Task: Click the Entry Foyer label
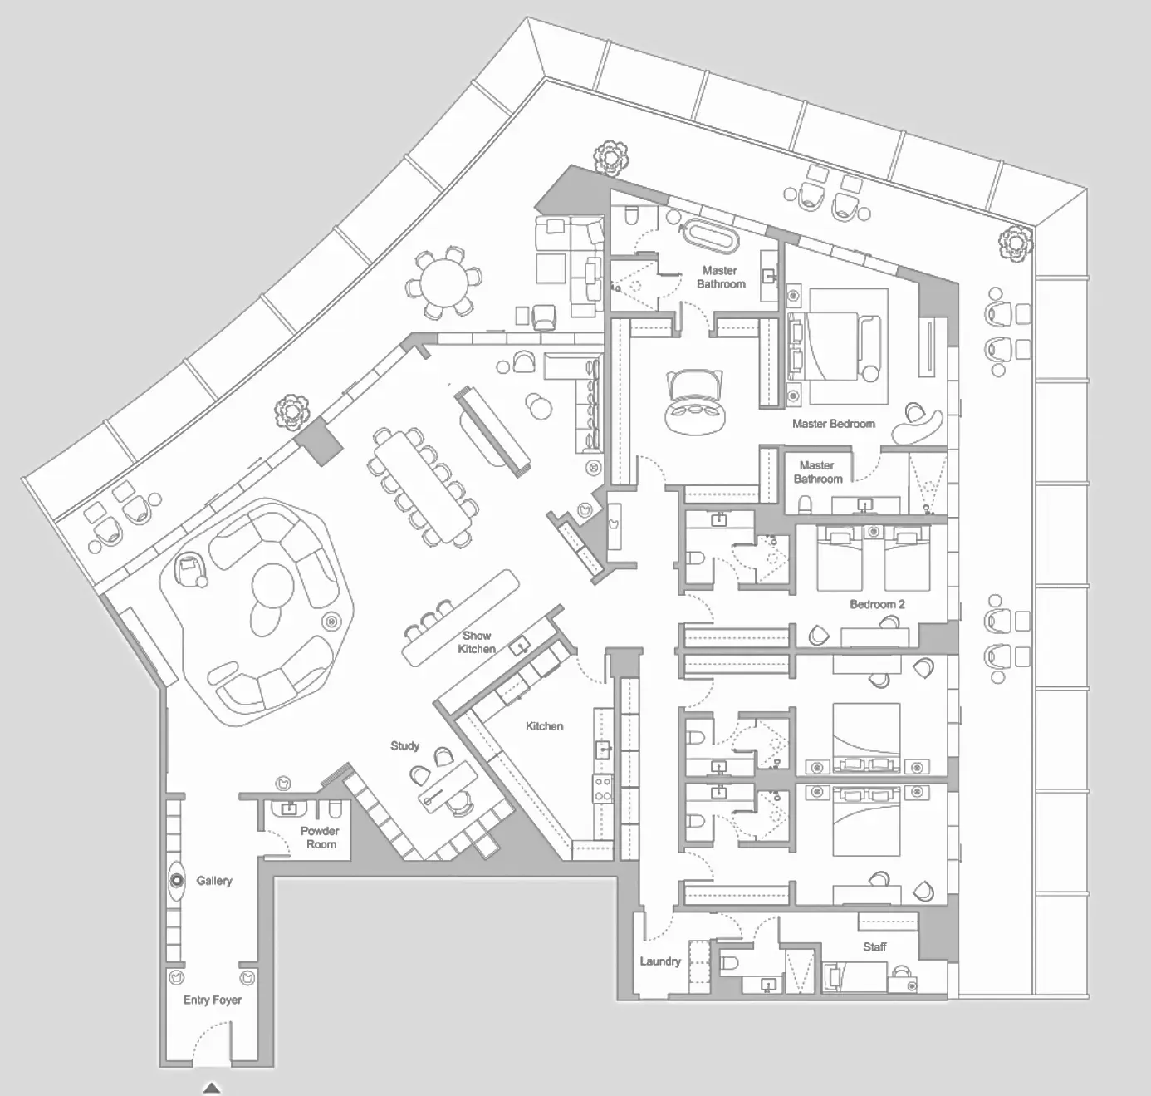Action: [212, 1000]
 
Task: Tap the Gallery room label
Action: [214, 881]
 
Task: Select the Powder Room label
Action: [321, 838]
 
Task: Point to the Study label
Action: [405, 745]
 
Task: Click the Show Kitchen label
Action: [477, 642]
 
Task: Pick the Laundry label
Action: [660, 961]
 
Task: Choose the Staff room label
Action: [874, 946]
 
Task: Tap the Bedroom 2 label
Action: [878, 604]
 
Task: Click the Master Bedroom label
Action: [834, 424]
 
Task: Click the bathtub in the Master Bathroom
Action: [712, 236]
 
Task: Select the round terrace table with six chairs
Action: [444, 283]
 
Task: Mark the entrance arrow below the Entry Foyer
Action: [212, 1089]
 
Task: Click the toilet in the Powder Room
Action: [335, 810]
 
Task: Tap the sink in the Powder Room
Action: [289, 809]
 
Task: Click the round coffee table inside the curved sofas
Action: [272, 585]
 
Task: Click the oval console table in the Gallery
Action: [177, 881]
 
